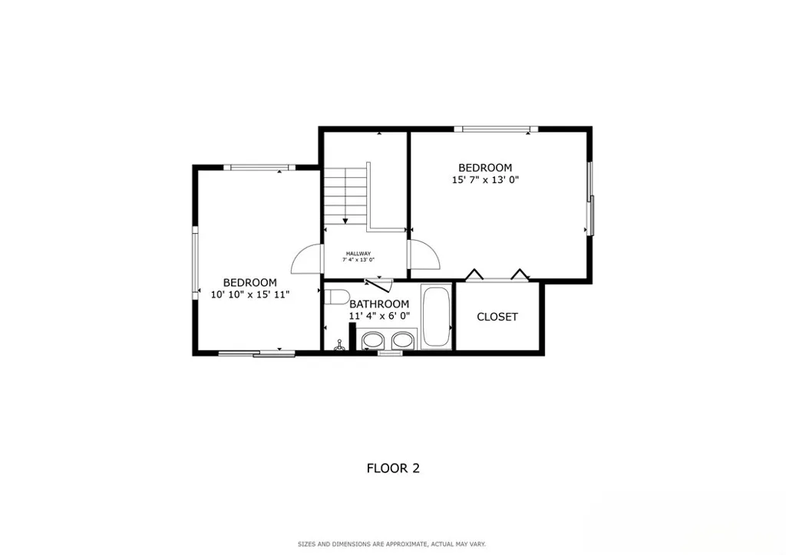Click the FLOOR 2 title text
392,468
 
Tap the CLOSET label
497,317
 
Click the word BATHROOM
379,304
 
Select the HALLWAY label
358,254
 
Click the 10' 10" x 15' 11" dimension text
250,294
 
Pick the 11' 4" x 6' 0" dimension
379,315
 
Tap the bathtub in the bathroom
438,317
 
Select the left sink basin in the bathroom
374,340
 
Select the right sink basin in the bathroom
403,340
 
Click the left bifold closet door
474,274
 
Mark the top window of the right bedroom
495,129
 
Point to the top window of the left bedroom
259,167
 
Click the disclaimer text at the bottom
392,544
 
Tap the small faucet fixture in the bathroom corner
339,346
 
